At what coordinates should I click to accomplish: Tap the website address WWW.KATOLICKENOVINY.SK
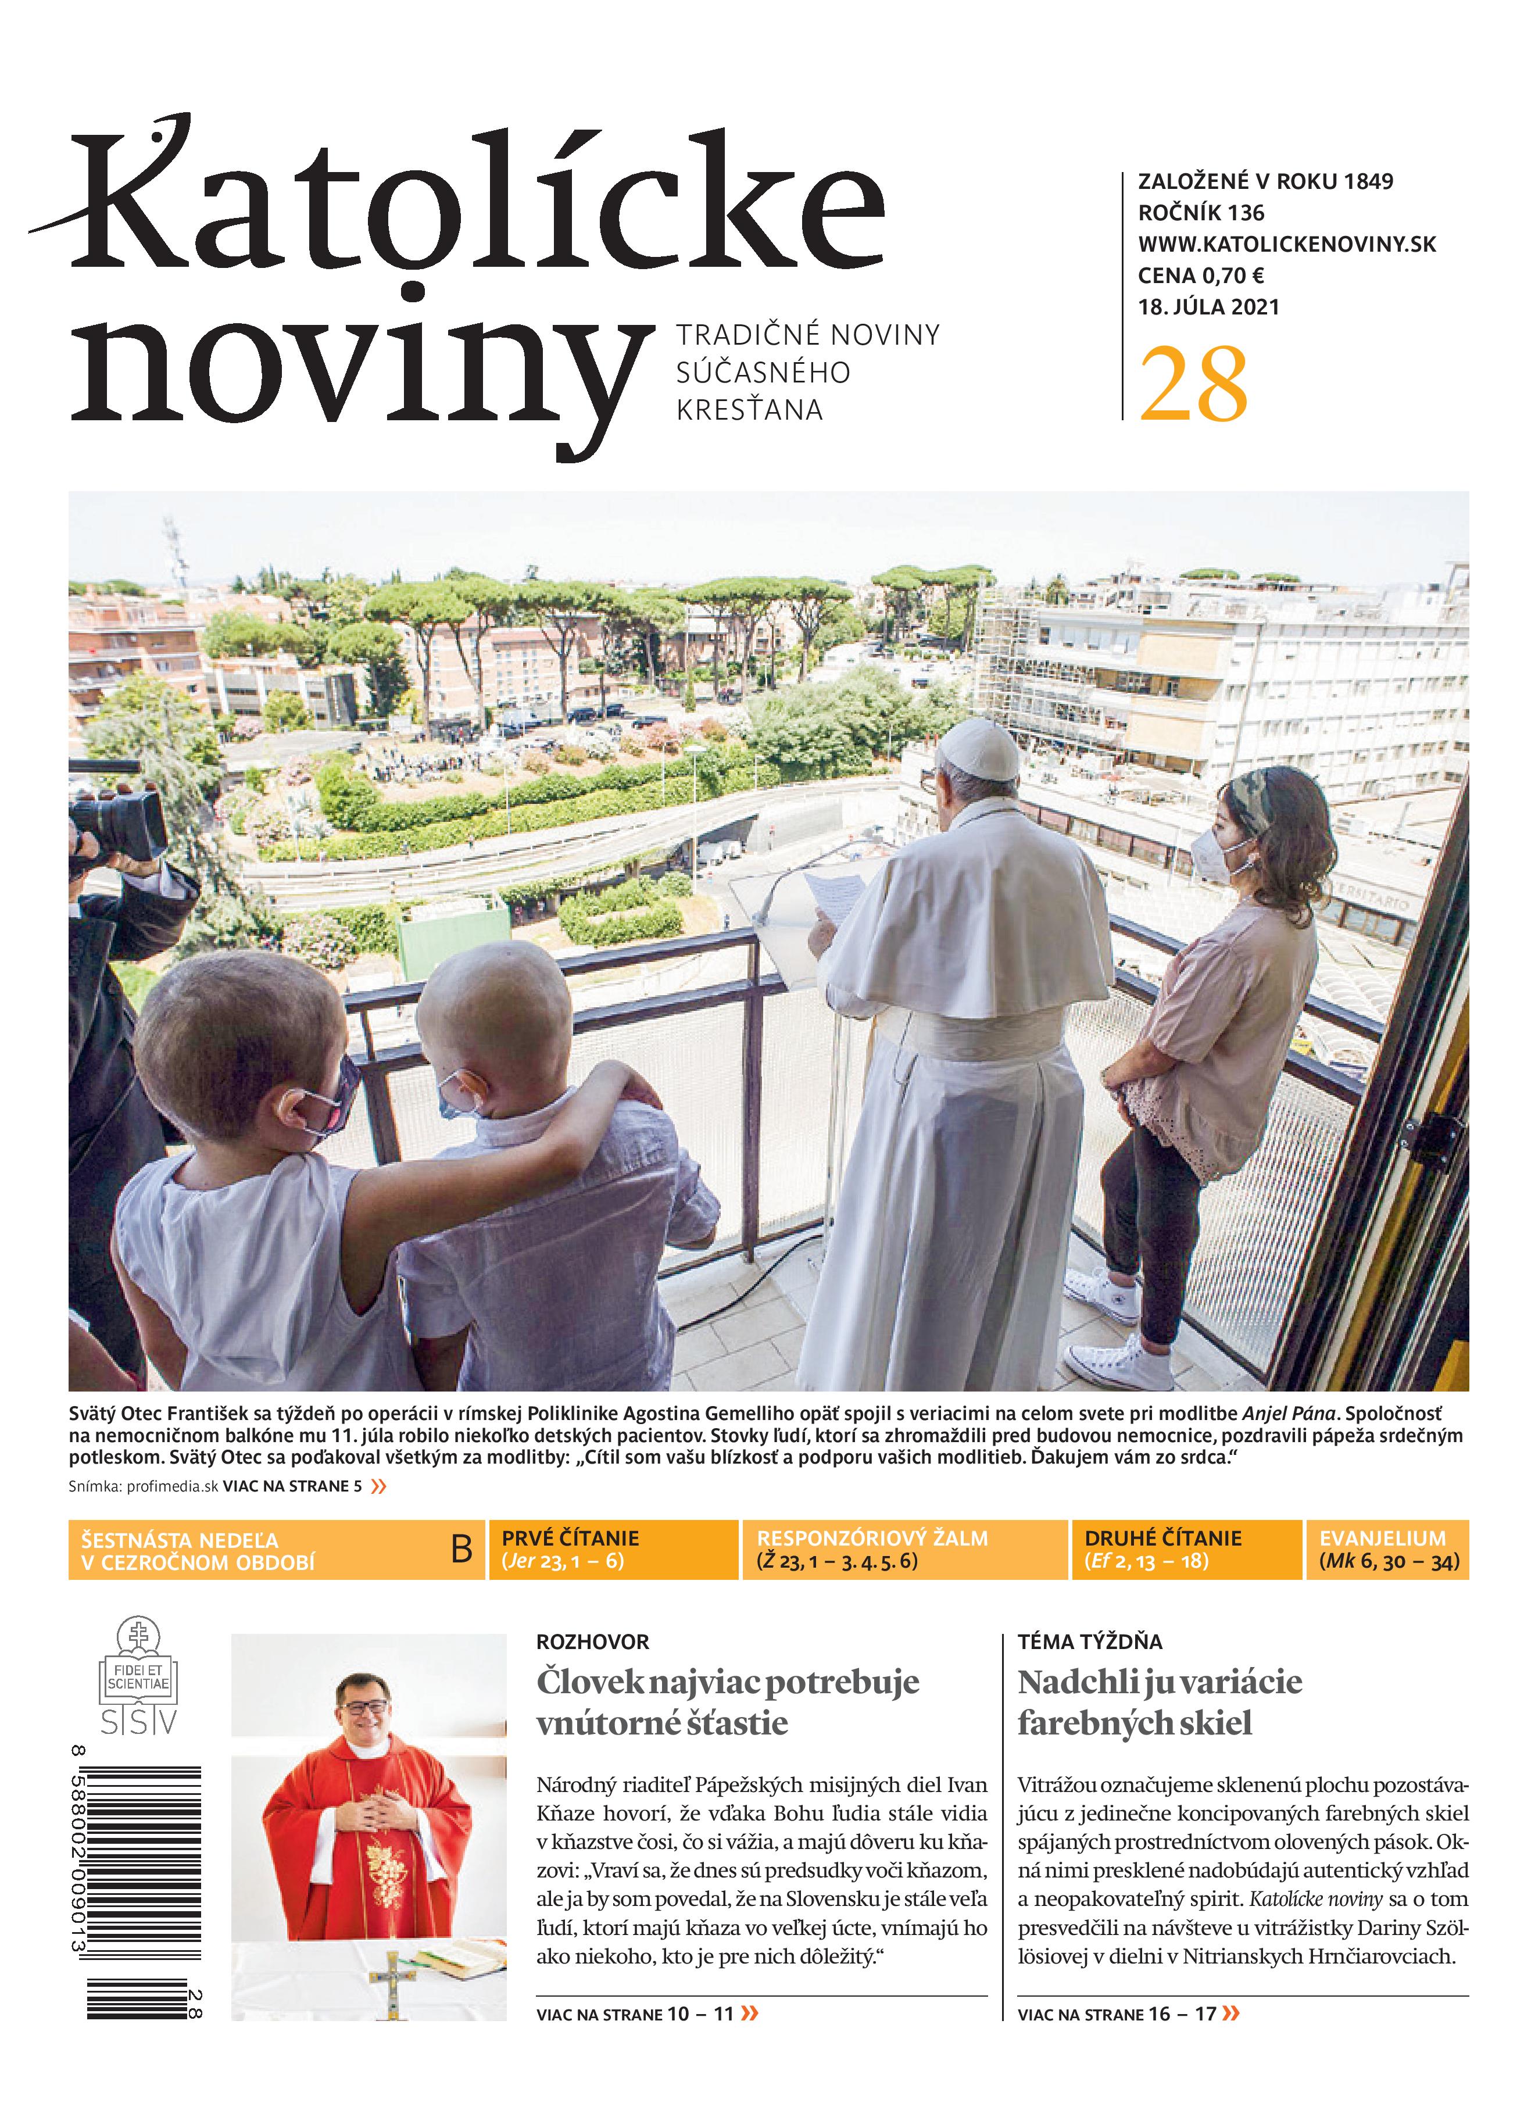tap(1287, 244)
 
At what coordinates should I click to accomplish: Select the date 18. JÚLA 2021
tap(1209, 307)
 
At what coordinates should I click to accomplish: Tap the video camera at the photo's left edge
tap(117, 825)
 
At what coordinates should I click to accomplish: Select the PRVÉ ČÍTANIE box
tap(612, 1549)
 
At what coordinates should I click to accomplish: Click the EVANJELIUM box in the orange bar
tap(1387, 1549)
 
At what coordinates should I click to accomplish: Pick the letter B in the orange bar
tap(461, 1549)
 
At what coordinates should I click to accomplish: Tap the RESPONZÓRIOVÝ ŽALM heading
tap(872, 1538)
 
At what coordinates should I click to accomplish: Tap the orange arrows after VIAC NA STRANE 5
tap(378, 1486)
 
